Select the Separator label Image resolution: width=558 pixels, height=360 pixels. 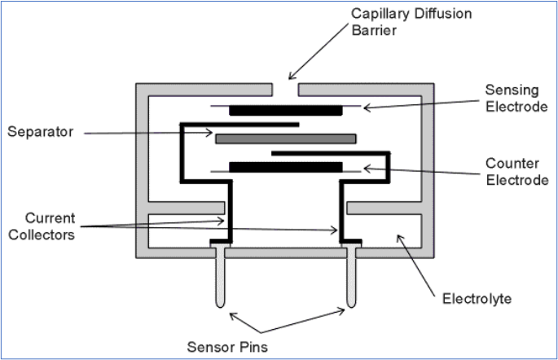click(40, 130)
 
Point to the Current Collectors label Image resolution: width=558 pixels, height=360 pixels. click(51, 226)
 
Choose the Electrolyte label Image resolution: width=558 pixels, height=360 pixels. click(476, 299)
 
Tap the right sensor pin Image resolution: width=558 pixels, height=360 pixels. click(352, 281)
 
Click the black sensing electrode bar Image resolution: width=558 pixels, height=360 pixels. click(286, 109)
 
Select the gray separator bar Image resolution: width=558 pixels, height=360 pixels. click(286, 138)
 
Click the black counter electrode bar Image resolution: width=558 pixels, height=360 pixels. click(286, 167)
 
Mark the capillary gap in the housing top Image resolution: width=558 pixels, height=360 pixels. click(285, 86)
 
